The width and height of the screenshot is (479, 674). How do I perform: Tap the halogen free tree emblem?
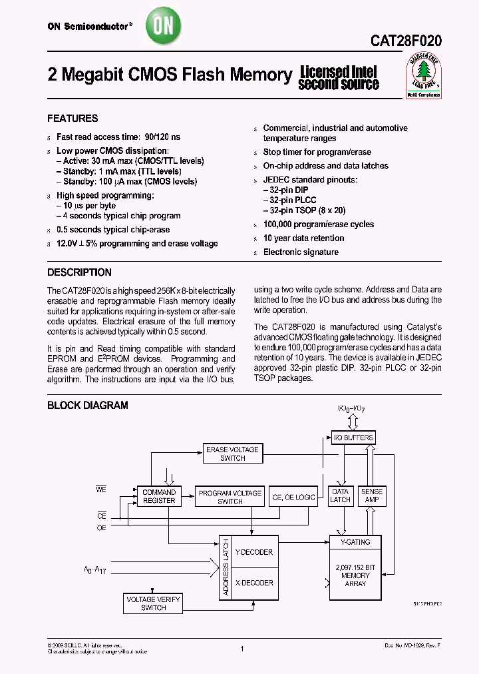[423, 74]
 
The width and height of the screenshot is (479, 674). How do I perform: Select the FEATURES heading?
[73, 119]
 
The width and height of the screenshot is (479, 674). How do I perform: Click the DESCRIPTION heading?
[79, 272]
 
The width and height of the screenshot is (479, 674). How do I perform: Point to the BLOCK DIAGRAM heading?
[87, 405]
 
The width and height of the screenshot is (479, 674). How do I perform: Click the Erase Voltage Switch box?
[232, 454]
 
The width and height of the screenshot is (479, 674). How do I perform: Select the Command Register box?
[159, 496]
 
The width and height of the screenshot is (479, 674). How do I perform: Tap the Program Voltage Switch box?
[230, 497]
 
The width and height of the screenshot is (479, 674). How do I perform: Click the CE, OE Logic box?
[293, 497]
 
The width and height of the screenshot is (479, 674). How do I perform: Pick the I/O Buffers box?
[353, 438]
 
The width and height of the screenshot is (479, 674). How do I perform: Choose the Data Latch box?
[341, 496]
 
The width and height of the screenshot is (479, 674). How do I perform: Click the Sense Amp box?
[372, 496]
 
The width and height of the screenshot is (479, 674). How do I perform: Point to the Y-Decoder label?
[256, 552]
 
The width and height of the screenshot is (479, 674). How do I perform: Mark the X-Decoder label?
[256, 583]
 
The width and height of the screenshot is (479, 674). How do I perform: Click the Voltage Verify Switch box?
[154, 603]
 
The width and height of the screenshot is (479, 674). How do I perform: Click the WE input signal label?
[101, 490]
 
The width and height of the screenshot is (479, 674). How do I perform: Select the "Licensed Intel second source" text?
[339, 78]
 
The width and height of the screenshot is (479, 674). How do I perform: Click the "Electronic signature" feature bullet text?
[301, 252]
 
